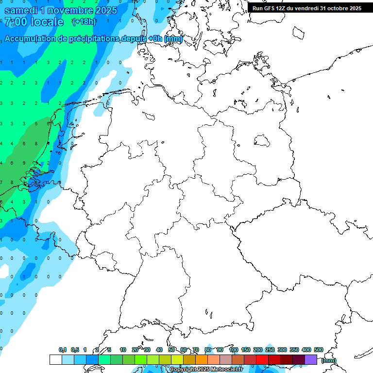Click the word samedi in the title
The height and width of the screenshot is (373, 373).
pos(21,10)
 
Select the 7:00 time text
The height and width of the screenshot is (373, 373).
pos(15,22)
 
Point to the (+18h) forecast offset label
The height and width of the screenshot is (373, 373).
pos(84,22)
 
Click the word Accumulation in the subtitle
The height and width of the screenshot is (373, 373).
pos(33,39)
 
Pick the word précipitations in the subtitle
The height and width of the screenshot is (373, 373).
pos(101,39)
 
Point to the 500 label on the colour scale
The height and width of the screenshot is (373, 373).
pos(319,350)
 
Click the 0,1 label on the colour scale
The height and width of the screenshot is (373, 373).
pos(63,350)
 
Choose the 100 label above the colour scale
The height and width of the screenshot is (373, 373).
pos(234,350)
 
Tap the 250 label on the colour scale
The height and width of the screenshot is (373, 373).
pos(270,350)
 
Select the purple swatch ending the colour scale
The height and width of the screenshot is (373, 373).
pos(311,359)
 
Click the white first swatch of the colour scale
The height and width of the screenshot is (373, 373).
pos(56,359)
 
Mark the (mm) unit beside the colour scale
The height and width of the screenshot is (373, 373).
pos(329,360)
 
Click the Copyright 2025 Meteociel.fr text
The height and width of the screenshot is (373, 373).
pos(206,370)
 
